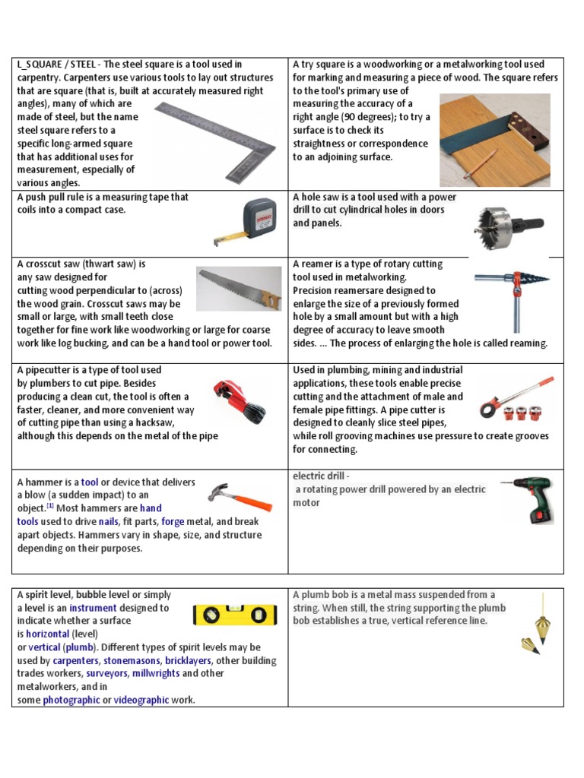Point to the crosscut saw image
point(238,288)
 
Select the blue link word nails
point(108,522)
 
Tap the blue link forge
point(173,522)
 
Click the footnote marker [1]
point(49,506)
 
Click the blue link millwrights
point(156,674)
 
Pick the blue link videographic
point(141,701)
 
